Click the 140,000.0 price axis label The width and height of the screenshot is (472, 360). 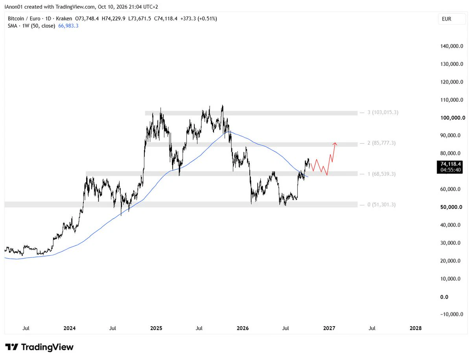click(452, 46)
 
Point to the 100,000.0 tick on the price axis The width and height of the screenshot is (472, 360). click(453, 118)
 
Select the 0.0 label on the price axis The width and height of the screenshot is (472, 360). click(444, 297)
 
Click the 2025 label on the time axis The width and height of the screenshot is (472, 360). click(156, 328)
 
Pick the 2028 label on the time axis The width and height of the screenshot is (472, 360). click(415, 328)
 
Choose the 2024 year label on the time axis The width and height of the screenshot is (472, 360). click(70, 328)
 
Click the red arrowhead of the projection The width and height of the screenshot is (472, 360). click(335, 144)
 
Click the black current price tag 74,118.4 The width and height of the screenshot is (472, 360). click(450, 167)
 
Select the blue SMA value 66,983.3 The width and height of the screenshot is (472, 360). click(68, 26)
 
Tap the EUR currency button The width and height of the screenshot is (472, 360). click(452, 19)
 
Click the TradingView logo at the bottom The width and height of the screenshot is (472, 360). click(39, 347)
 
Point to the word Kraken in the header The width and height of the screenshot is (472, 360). click(64, 19)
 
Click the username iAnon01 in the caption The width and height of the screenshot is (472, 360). click(14, 7)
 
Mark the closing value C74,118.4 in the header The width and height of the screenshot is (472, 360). click(166, 19)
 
